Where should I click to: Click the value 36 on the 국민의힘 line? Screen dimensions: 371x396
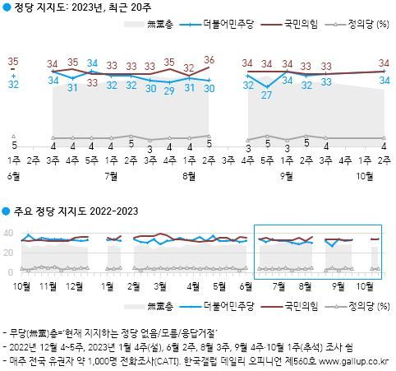[209, 60]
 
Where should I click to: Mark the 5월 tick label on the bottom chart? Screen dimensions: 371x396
[219, 285]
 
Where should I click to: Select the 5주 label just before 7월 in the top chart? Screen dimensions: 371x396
[92, 151]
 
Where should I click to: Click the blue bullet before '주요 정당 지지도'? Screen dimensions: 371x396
[7, 212]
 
